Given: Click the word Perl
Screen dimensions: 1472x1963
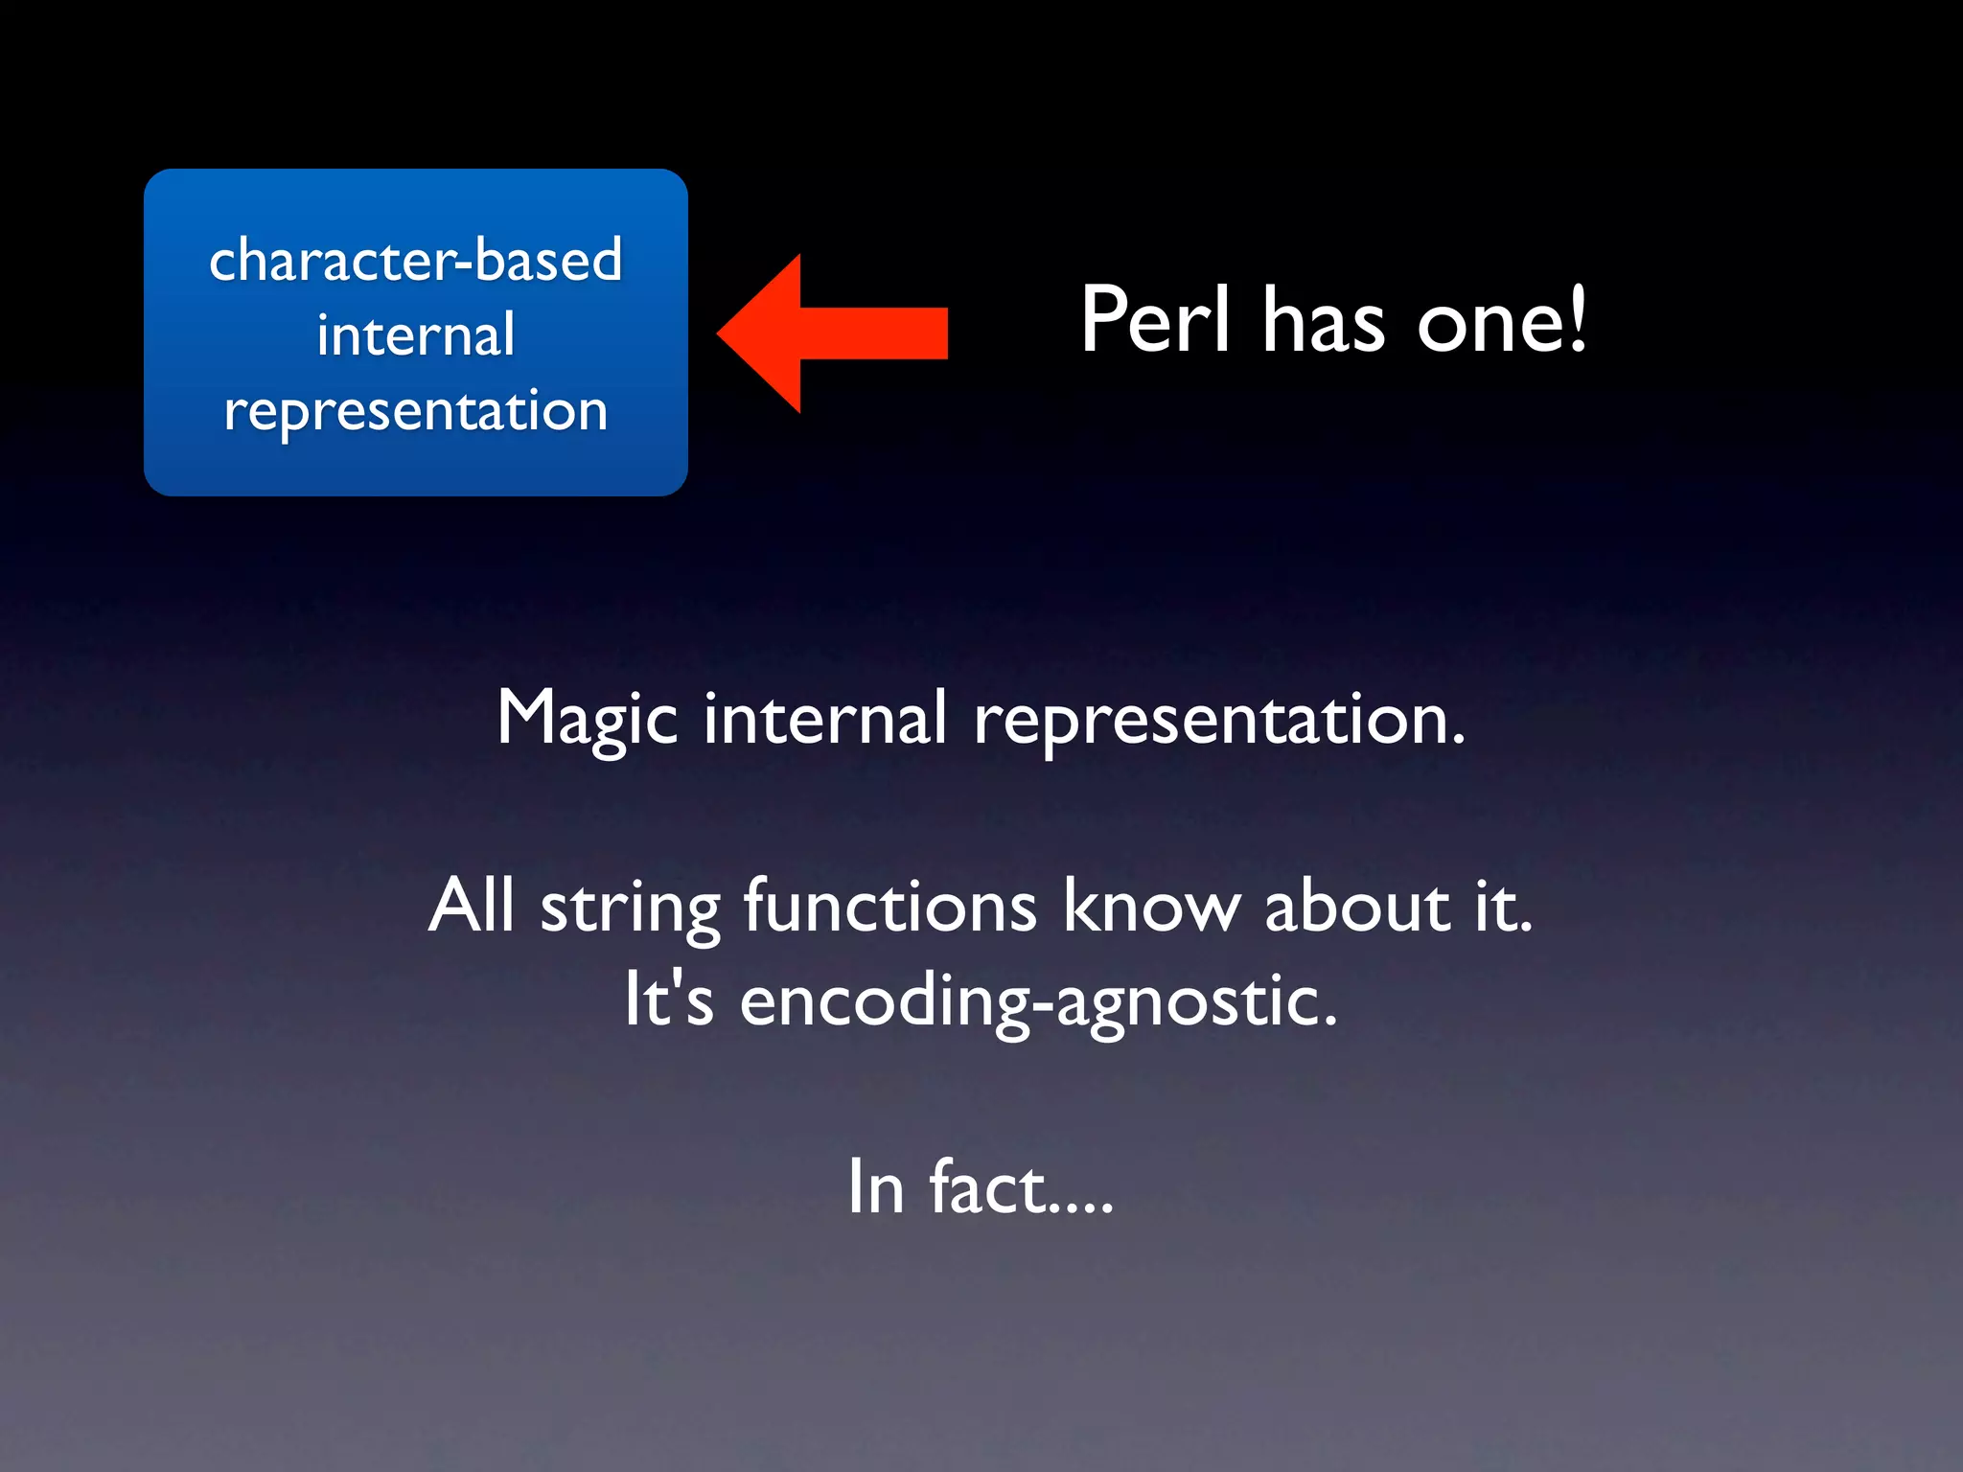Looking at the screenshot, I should [1154, 320].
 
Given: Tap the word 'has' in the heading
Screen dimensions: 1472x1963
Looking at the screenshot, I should [1323, 322].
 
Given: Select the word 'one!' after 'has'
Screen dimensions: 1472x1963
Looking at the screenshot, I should [1501, 322].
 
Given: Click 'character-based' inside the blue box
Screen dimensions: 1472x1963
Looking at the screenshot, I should [416, 260].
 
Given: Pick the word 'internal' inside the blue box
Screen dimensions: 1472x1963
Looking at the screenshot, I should [416, 335].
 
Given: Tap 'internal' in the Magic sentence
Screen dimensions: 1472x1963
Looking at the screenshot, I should [825, 719].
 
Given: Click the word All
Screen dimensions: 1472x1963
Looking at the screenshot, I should [472, 905].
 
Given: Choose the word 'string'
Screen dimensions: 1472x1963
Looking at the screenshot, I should [630, 908].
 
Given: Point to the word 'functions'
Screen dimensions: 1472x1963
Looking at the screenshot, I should [889, 907].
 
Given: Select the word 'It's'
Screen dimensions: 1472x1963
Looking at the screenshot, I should [669, 999].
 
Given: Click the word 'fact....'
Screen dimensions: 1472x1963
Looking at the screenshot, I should [1021, 1186].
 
